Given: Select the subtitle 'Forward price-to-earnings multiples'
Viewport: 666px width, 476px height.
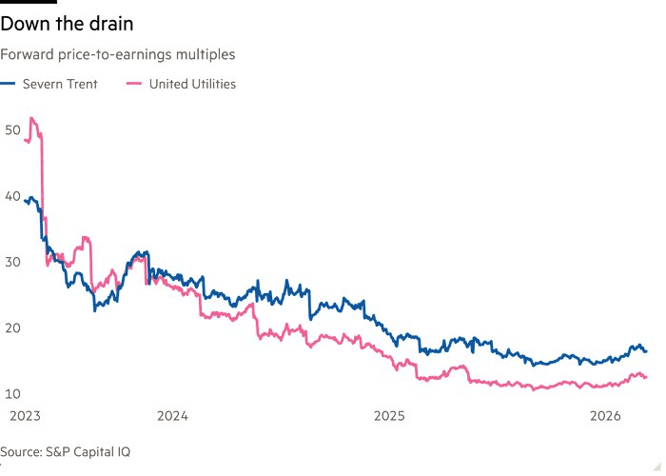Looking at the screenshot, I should [117, 55].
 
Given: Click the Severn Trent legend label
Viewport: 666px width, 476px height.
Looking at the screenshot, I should [60, 84].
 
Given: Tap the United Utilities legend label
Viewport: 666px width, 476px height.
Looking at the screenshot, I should [192, 84].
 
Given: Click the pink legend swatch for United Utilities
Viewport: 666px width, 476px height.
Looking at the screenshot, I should [133, 84].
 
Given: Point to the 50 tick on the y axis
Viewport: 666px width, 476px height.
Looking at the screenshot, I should [12, 129].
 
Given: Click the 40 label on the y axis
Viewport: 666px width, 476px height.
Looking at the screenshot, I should [12, 195].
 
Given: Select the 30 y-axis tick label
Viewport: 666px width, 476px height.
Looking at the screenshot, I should [12, 262].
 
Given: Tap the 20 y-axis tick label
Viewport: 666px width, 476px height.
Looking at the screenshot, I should [12, 327].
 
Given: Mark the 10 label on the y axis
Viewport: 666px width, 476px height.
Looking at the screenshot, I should [12, 394].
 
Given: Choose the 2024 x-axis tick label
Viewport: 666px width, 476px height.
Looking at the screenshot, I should [172, 416].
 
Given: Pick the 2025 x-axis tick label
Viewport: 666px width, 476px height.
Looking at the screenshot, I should [389, 416].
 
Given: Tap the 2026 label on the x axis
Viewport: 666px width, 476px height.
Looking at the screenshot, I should [606, 416].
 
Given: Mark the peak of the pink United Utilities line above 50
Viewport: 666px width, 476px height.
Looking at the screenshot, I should [32, 118].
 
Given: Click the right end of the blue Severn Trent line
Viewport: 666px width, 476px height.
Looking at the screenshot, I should [647, 351].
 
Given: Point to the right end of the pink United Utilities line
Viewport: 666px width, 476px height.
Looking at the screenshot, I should [647, 377].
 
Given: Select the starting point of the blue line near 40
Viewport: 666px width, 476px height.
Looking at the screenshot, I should [25, 201].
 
